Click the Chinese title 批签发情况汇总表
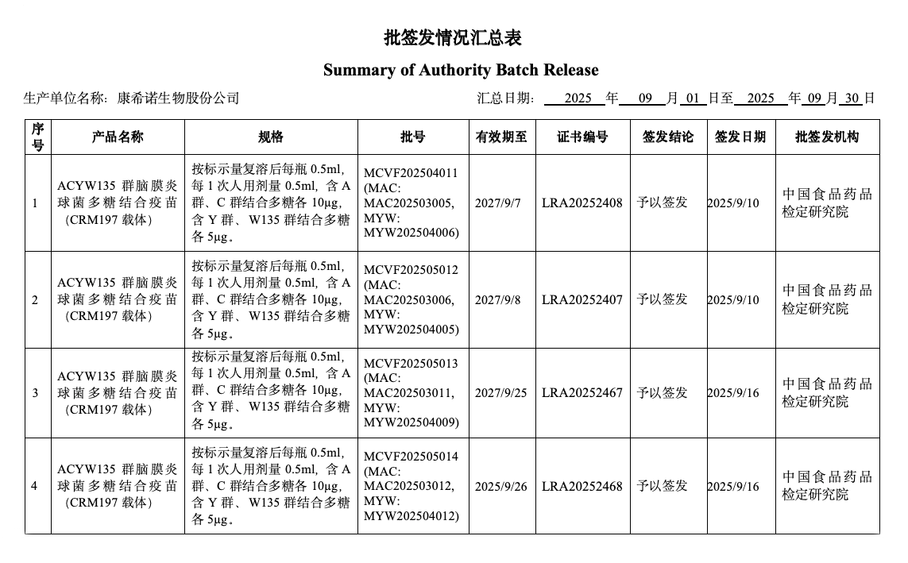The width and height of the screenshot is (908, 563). (x=453, y=38)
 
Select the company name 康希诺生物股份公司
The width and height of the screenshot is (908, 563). (x=178, y=98)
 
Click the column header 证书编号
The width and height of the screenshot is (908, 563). (x=582, y=137)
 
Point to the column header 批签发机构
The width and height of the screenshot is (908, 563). (x=827, y=137)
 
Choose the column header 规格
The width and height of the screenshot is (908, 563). (x=271, y=137)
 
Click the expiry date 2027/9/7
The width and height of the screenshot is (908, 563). (x=498, y=203)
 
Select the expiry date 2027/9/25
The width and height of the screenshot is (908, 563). (x=501, y=393)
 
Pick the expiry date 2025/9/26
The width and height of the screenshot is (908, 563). (x=501, y=486)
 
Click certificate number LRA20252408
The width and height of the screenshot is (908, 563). (x=582, y=203)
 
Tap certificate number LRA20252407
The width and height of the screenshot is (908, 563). (x=582, y=300)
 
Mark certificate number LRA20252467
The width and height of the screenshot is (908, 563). (x=582, y=393)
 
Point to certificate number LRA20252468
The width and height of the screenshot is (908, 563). (x=582, y=486)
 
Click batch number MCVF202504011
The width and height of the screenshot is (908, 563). (x=411, y=173)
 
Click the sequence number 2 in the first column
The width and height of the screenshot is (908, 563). (x=35, y=300)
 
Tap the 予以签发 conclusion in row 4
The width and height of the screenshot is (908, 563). (x=662, y=486)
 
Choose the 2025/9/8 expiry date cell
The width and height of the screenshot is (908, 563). (x=498, y=300)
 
